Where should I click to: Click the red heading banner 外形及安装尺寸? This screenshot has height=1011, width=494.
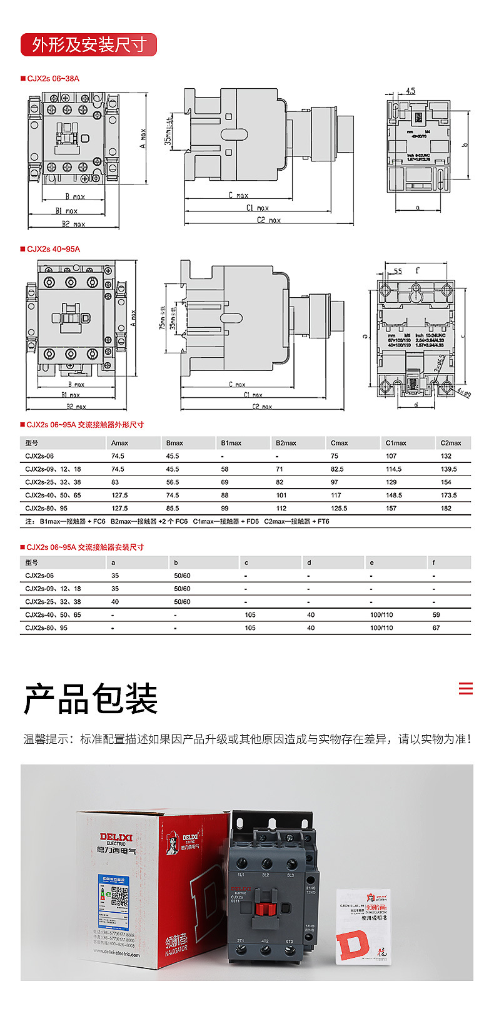(89, 45)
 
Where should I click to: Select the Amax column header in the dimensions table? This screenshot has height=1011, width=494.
(119, 443)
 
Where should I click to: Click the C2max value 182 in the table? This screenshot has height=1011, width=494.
(446, 509)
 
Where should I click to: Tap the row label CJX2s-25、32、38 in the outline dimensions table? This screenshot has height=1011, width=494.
(53, 482)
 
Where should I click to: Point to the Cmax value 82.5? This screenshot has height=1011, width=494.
(337, 469)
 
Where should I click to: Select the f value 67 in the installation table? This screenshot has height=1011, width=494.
(436, 628)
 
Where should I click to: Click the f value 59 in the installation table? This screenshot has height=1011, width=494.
(436, 615)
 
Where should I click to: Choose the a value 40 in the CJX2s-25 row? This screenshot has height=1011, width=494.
(115, 602)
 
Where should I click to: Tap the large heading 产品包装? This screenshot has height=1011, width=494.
(91, 699)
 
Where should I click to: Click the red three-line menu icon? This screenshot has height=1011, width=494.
(465, 689)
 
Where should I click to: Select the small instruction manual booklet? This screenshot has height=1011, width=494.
(363, 926)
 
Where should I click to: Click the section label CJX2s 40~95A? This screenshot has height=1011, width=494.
(53, 249)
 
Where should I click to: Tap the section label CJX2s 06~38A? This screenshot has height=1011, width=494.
(53, 79)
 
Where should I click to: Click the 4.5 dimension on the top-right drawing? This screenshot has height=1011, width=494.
(410, 91)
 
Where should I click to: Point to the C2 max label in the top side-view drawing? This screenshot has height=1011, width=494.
(269, 220)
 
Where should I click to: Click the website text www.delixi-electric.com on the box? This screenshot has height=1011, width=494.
(117, 954)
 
